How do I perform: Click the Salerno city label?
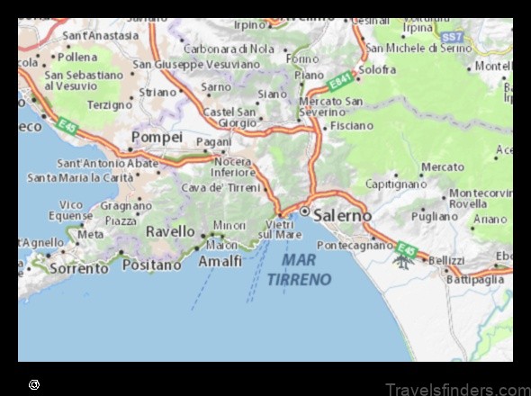pos(342,215)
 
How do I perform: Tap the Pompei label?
pos(157,137)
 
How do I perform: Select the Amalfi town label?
pos(220,261)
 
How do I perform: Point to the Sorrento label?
pos(78,267)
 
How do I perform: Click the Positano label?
pos(151,265)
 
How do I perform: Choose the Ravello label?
pos(170,231)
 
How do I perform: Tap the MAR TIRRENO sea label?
pos(306,269)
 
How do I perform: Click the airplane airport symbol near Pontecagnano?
pos(401,261)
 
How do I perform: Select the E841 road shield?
pos(339,83)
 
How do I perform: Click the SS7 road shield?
pos(452,36)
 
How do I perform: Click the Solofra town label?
pos(377,68)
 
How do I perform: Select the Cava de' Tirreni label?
pos(220,187)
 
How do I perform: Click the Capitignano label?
pos(396,184)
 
